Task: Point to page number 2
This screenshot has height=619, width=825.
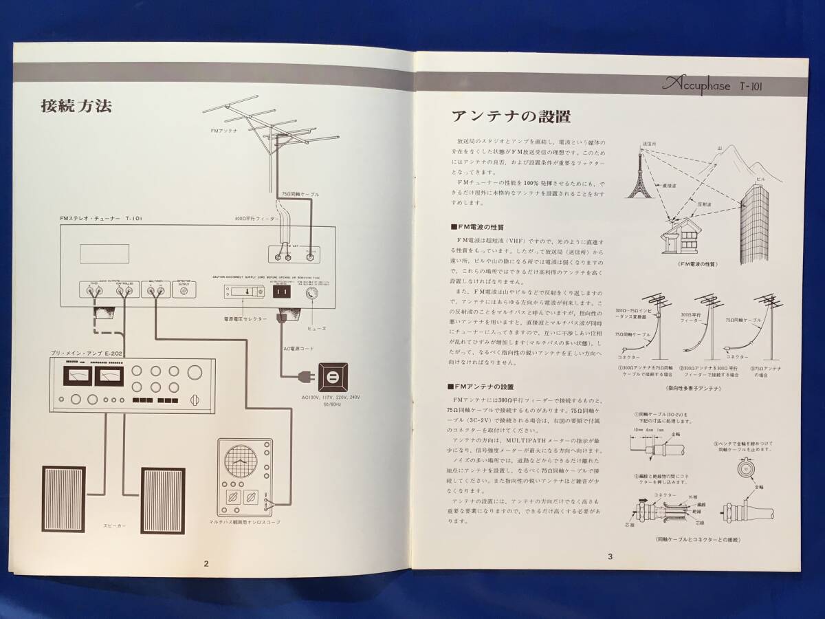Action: [206, 563]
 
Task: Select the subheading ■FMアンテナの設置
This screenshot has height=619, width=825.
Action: [481, 387]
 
